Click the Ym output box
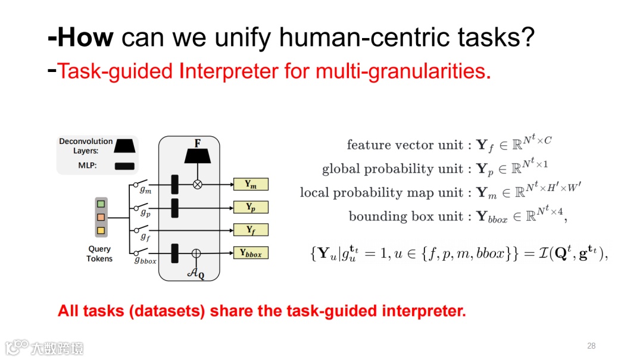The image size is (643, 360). [251, 184]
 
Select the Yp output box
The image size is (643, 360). [251, 207]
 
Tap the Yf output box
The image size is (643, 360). [251, 230]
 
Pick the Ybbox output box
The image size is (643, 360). [251, 253]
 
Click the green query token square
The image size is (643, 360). [101, 205]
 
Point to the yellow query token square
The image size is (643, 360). [101, 230]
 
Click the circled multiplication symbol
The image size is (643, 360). [198, 184]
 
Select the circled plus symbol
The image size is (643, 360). [196, 253]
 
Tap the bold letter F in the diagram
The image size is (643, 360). [197, 144]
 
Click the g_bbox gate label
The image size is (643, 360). [145, 260]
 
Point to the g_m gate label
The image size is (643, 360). [145, 190]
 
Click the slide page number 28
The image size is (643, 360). [591, 346]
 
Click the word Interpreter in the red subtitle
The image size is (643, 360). [229, 71]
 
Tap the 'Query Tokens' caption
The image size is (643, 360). [99, 254]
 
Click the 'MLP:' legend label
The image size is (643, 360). [88, 166]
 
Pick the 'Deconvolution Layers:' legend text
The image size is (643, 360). [86, 146]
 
